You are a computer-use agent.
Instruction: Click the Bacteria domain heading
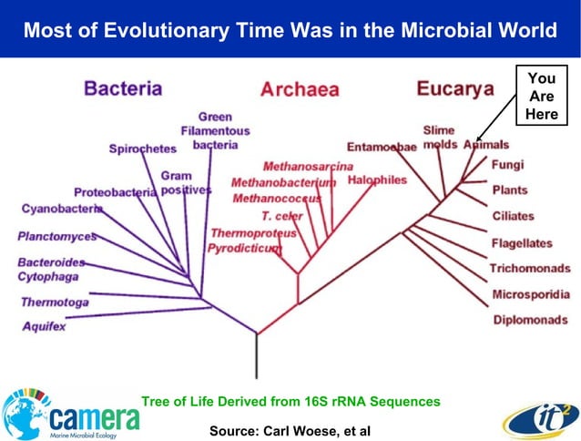pos(123,88)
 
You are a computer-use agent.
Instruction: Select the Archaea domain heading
pos(299,89)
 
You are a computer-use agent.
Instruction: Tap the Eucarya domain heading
pos(454,88)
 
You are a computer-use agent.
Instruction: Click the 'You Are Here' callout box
pos(541,97)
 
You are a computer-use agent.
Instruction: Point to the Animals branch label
pos(486,145)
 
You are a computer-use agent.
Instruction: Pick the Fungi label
pos(507,166)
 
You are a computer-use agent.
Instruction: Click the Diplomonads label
pos(531,320)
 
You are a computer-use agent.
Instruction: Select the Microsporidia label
pos(531,294)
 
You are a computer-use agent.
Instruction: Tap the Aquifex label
pos(45,325)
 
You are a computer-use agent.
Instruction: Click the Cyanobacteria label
pos(62,209)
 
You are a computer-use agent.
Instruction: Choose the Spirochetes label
pos(142,149)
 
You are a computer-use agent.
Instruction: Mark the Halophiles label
pos(377,180)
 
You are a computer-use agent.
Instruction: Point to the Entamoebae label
pos(382,147)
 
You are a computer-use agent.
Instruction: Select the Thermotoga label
pos(55,302)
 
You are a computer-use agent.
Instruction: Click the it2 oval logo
pos(537,417)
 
